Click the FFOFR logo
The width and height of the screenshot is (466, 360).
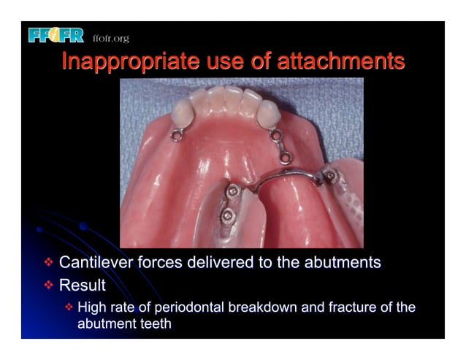pos(56,34)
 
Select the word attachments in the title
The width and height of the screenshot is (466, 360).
pos(340,61)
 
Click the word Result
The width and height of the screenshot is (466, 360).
pos(82,284)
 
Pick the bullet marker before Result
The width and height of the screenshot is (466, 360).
pos(48,284)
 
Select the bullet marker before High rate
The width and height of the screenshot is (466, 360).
pos(69,307)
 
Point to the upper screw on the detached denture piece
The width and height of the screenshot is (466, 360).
pos(232,191)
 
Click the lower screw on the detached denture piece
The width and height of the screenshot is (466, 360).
pos(227,215)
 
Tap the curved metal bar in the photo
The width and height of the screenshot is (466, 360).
pos(285,175)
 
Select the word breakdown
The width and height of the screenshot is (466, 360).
pos(260,307)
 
